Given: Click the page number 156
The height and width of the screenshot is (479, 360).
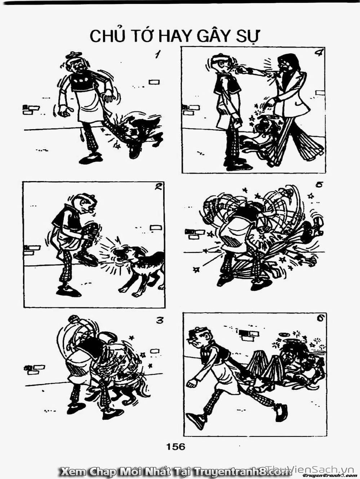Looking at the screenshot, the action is pos(175,446).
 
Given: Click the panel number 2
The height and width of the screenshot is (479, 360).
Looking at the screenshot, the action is pos(159,187).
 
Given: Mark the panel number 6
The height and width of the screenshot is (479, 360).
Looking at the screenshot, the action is pos(320,319).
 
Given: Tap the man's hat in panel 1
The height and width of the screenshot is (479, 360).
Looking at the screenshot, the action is pos(74,54).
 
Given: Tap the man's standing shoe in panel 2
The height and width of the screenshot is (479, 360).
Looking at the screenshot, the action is pos(68,291).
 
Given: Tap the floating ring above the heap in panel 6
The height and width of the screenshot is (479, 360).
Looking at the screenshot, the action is pos(284,334).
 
